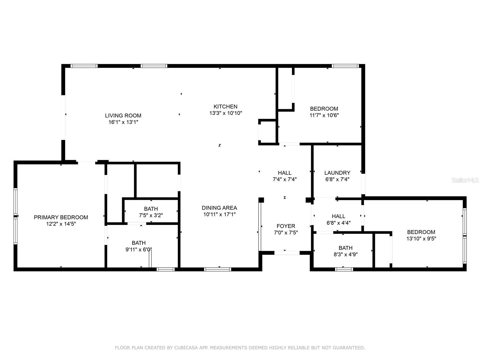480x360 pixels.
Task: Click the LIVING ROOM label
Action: (123, 115)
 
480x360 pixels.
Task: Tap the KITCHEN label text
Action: (226, 106)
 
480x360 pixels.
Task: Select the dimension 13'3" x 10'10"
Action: (226, 113)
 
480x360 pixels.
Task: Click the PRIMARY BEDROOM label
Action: (61, 217)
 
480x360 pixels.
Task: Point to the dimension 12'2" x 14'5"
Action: (61, 224)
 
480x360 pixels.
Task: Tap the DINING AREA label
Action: (219, 208)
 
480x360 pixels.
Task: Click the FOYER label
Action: (286, 226)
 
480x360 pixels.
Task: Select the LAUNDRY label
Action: (337, 173)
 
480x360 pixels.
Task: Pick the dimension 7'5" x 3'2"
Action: (151, 215)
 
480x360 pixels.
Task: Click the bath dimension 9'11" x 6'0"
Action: (139, 249)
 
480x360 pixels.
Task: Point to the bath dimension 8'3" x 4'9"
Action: (346, 254)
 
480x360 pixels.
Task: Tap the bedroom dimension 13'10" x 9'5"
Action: (421, 238)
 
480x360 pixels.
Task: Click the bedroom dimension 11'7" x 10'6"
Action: (324, 115)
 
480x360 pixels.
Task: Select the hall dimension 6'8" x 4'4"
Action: (338, 223)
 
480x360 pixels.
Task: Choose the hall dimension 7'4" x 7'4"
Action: (285, 179)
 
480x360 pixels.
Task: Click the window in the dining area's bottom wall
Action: (217, 269)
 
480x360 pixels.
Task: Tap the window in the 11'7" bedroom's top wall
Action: (345, 66)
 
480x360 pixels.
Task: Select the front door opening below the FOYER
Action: (287, 253)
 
